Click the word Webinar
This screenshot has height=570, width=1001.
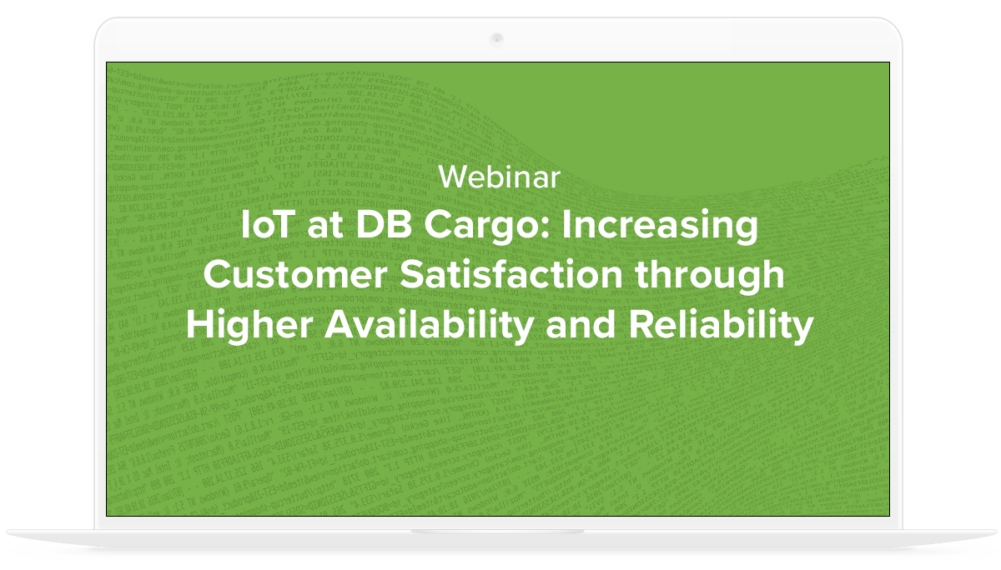(499, 177)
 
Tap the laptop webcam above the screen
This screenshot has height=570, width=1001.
(497, 38)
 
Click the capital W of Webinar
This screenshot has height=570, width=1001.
(451, 177)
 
